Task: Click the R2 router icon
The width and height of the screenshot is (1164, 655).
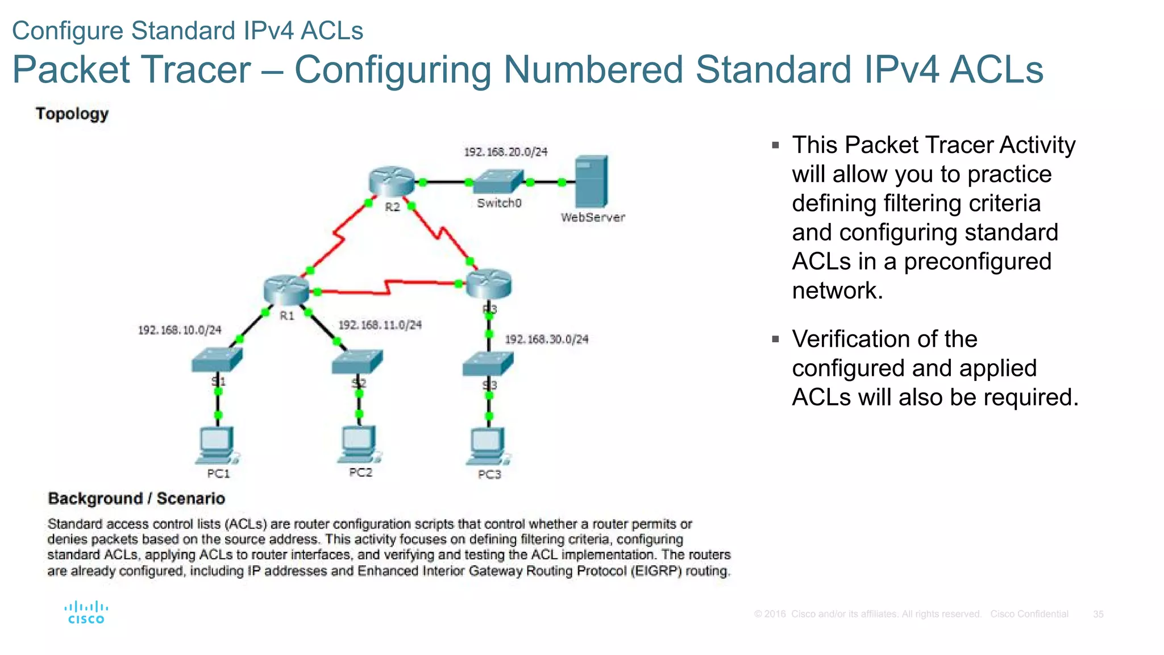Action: click(x=391, y=181)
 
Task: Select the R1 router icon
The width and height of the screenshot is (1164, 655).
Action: click(x=286, y=289)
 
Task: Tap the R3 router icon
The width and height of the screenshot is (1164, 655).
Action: click(x=489, y=284)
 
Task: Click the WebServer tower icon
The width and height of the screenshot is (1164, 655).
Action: click(x=591, y=181)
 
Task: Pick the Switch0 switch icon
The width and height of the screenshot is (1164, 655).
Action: click(x=498, y=182)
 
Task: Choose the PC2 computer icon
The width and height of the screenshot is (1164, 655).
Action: click(x=359, y=444)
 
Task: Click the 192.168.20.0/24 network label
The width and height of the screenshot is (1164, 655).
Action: click(x=506, y=152)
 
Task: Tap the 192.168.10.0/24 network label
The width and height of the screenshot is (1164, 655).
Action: click(x=180, y=330)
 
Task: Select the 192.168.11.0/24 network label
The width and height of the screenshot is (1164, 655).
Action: click(x=380, y=325)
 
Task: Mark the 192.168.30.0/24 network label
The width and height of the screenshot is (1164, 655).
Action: click(x=547, y=339)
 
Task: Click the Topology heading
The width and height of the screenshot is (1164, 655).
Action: click(x=72, y=114)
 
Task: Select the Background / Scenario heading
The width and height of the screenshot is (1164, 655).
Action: click(x=136, y=498)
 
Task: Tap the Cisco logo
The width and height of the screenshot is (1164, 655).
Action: click(x=86, y=612)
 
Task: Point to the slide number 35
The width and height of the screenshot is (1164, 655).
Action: click(x=1098, y=614)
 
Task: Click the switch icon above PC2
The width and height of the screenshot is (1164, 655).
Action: click(x=357, y=362)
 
